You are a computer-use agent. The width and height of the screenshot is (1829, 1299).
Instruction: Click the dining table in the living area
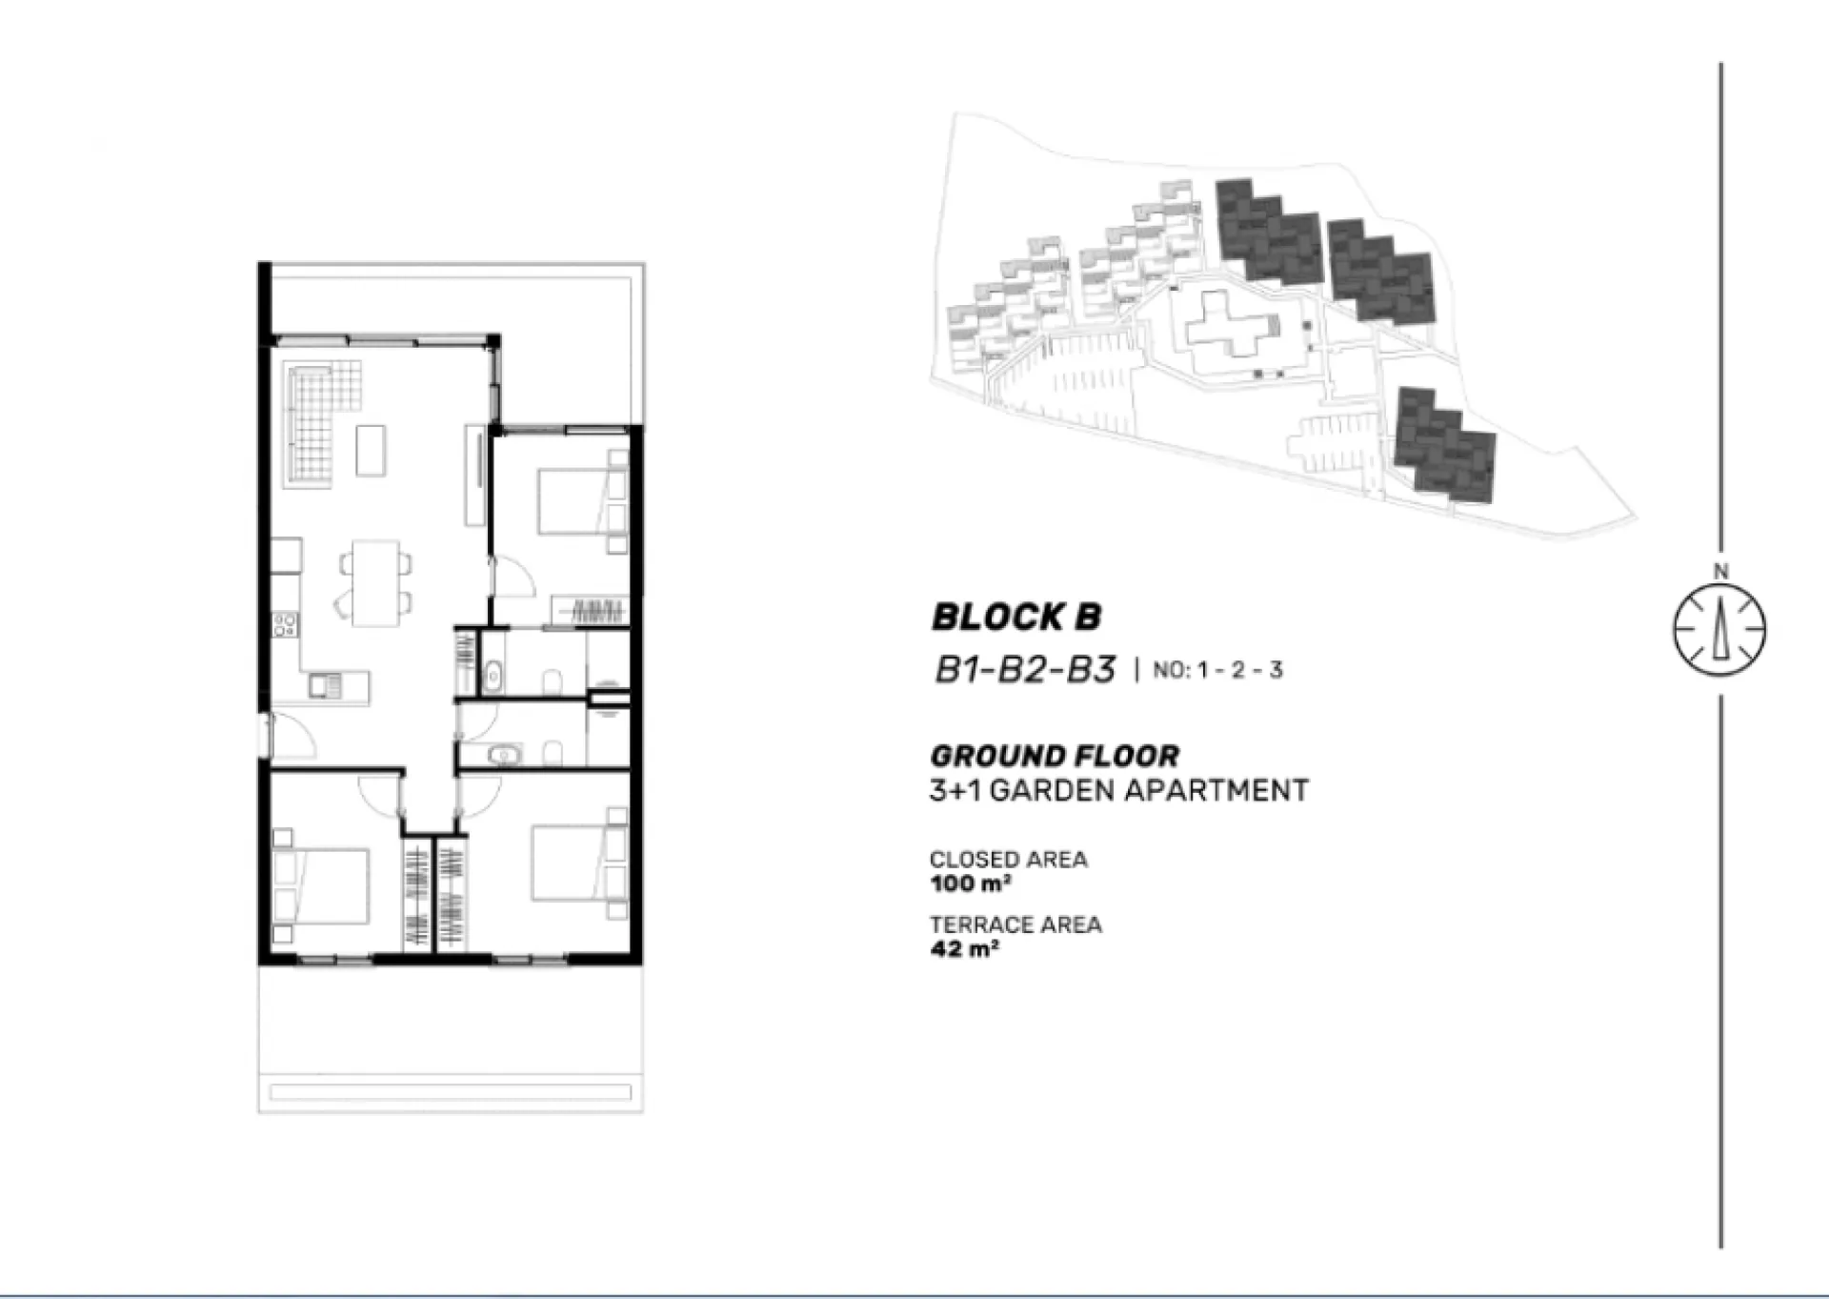[375, 582]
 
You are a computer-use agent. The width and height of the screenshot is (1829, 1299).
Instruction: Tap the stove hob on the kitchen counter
[285, 625]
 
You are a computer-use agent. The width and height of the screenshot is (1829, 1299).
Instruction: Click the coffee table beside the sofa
[371, 450]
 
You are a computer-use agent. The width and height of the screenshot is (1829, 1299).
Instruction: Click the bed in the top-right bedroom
[572, 500]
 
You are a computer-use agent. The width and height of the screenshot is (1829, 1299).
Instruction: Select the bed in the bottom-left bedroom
[321, 886]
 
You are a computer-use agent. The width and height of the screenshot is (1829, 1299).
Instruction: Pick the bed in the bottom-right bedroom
[569, 863]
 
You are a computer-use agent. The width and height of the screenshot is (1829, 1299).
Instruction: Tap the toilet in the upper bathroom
[551, 681]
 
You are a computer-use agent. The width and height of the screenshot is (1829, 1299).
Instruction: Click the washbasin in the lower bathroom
[503, 756]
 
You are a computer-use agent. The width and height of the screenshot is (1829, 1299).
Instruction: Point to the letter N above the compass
[1720, 572]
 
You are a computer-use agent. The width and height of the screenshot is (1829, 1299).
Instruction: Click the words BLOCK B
[1015, 617]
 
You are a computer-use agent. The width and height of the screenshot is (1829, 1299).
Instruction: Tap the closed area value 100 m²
[970, 883]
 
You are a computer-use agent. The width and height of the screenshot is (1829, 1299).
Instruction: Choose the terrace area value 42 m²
[964, 948]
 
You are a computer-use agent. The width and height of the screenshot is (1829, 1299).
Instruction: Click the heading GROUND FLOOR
[1055, 757]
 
